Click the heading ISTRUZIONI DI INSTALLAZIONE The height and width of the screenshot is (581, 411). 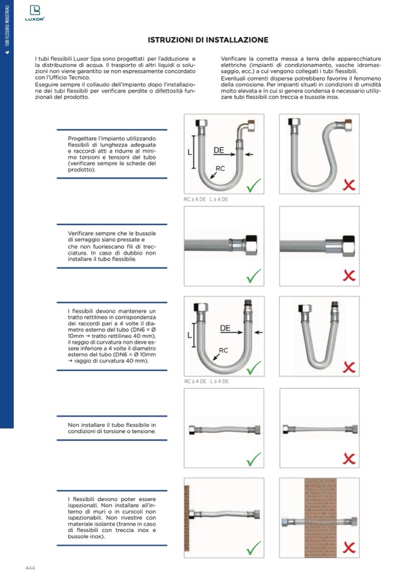[x=208, y=40]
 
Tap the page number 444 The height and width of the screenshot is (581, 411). [x=31, y=568]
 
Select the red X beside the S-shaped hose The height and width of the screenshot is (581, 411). [x=349, y=184]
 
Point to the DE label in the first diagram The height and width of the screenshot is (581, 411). [x=219, y=149]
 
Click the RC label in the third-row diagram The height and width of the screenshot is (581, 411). [x=223, y=350]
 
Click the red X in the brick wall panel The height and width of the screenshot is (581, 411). [x=349, y=548]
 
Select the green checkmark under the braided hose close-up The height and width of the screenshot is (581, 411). [x=253, y=276]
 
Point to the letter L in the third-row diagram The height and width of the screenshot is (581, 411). [x=190, y=334]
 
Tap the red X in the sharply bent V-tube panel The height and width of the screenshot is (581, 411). [x=349, y=367]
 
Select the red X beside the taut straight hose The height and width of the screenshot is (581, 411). [x=349, y=458]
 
